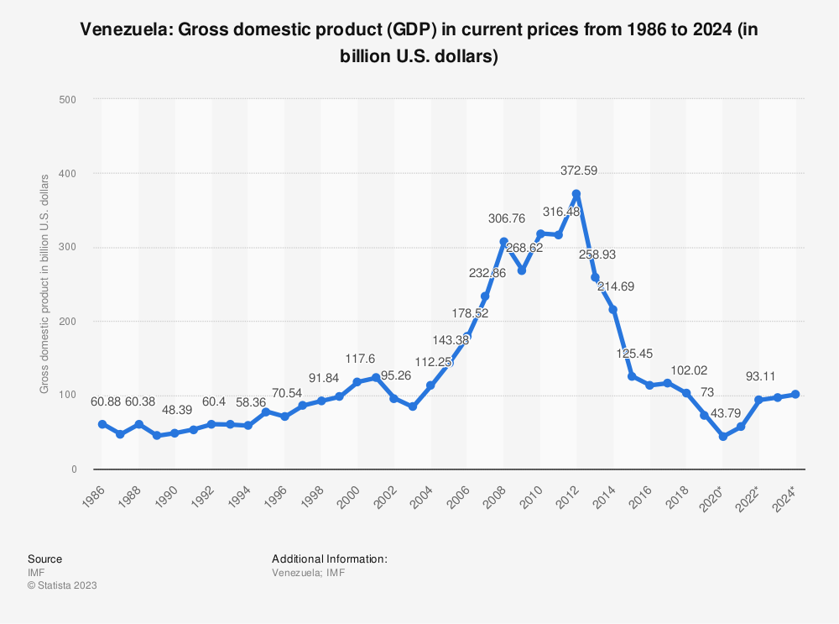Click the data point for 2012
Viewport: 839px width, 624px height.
coord(576,194)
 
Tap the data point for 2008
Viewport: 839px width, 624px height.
coord(503,242)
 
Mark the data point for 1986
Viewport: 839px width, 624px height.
coord(102,424)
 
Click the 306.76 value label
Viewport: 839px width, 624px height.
coord(507,218)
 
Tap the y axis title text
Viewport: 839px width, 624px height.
coord(44,284)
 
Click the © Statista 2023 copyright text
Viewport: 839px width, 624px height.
coord(62,585)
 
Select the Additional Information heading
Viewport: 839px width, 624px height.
coord(329,558)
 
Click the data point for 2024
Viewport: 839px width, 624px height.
coord(795,394)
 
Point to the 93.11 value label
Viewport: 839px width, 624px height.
coord(758,376)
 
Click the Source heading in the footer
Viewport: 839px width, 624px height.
coord(44,558)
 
